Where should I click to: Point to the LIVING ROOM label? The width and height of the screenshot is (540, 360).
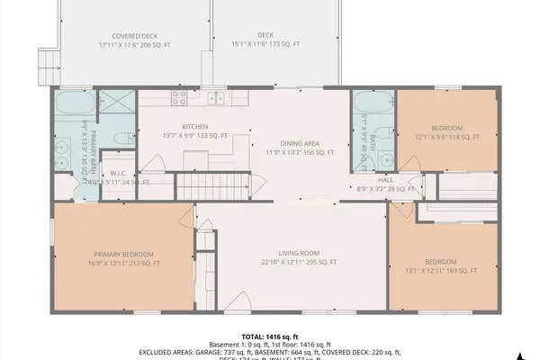click(x=298, y=257)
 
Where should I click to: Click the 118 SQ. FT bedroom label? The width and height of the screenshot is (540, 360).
click(x=446, y=132)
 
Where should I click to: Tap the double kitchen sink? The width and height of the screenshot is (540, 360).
click(x=216, y=98)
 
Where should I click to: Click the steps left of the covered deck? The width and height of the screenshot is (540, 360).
click(x=45, y=63)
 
